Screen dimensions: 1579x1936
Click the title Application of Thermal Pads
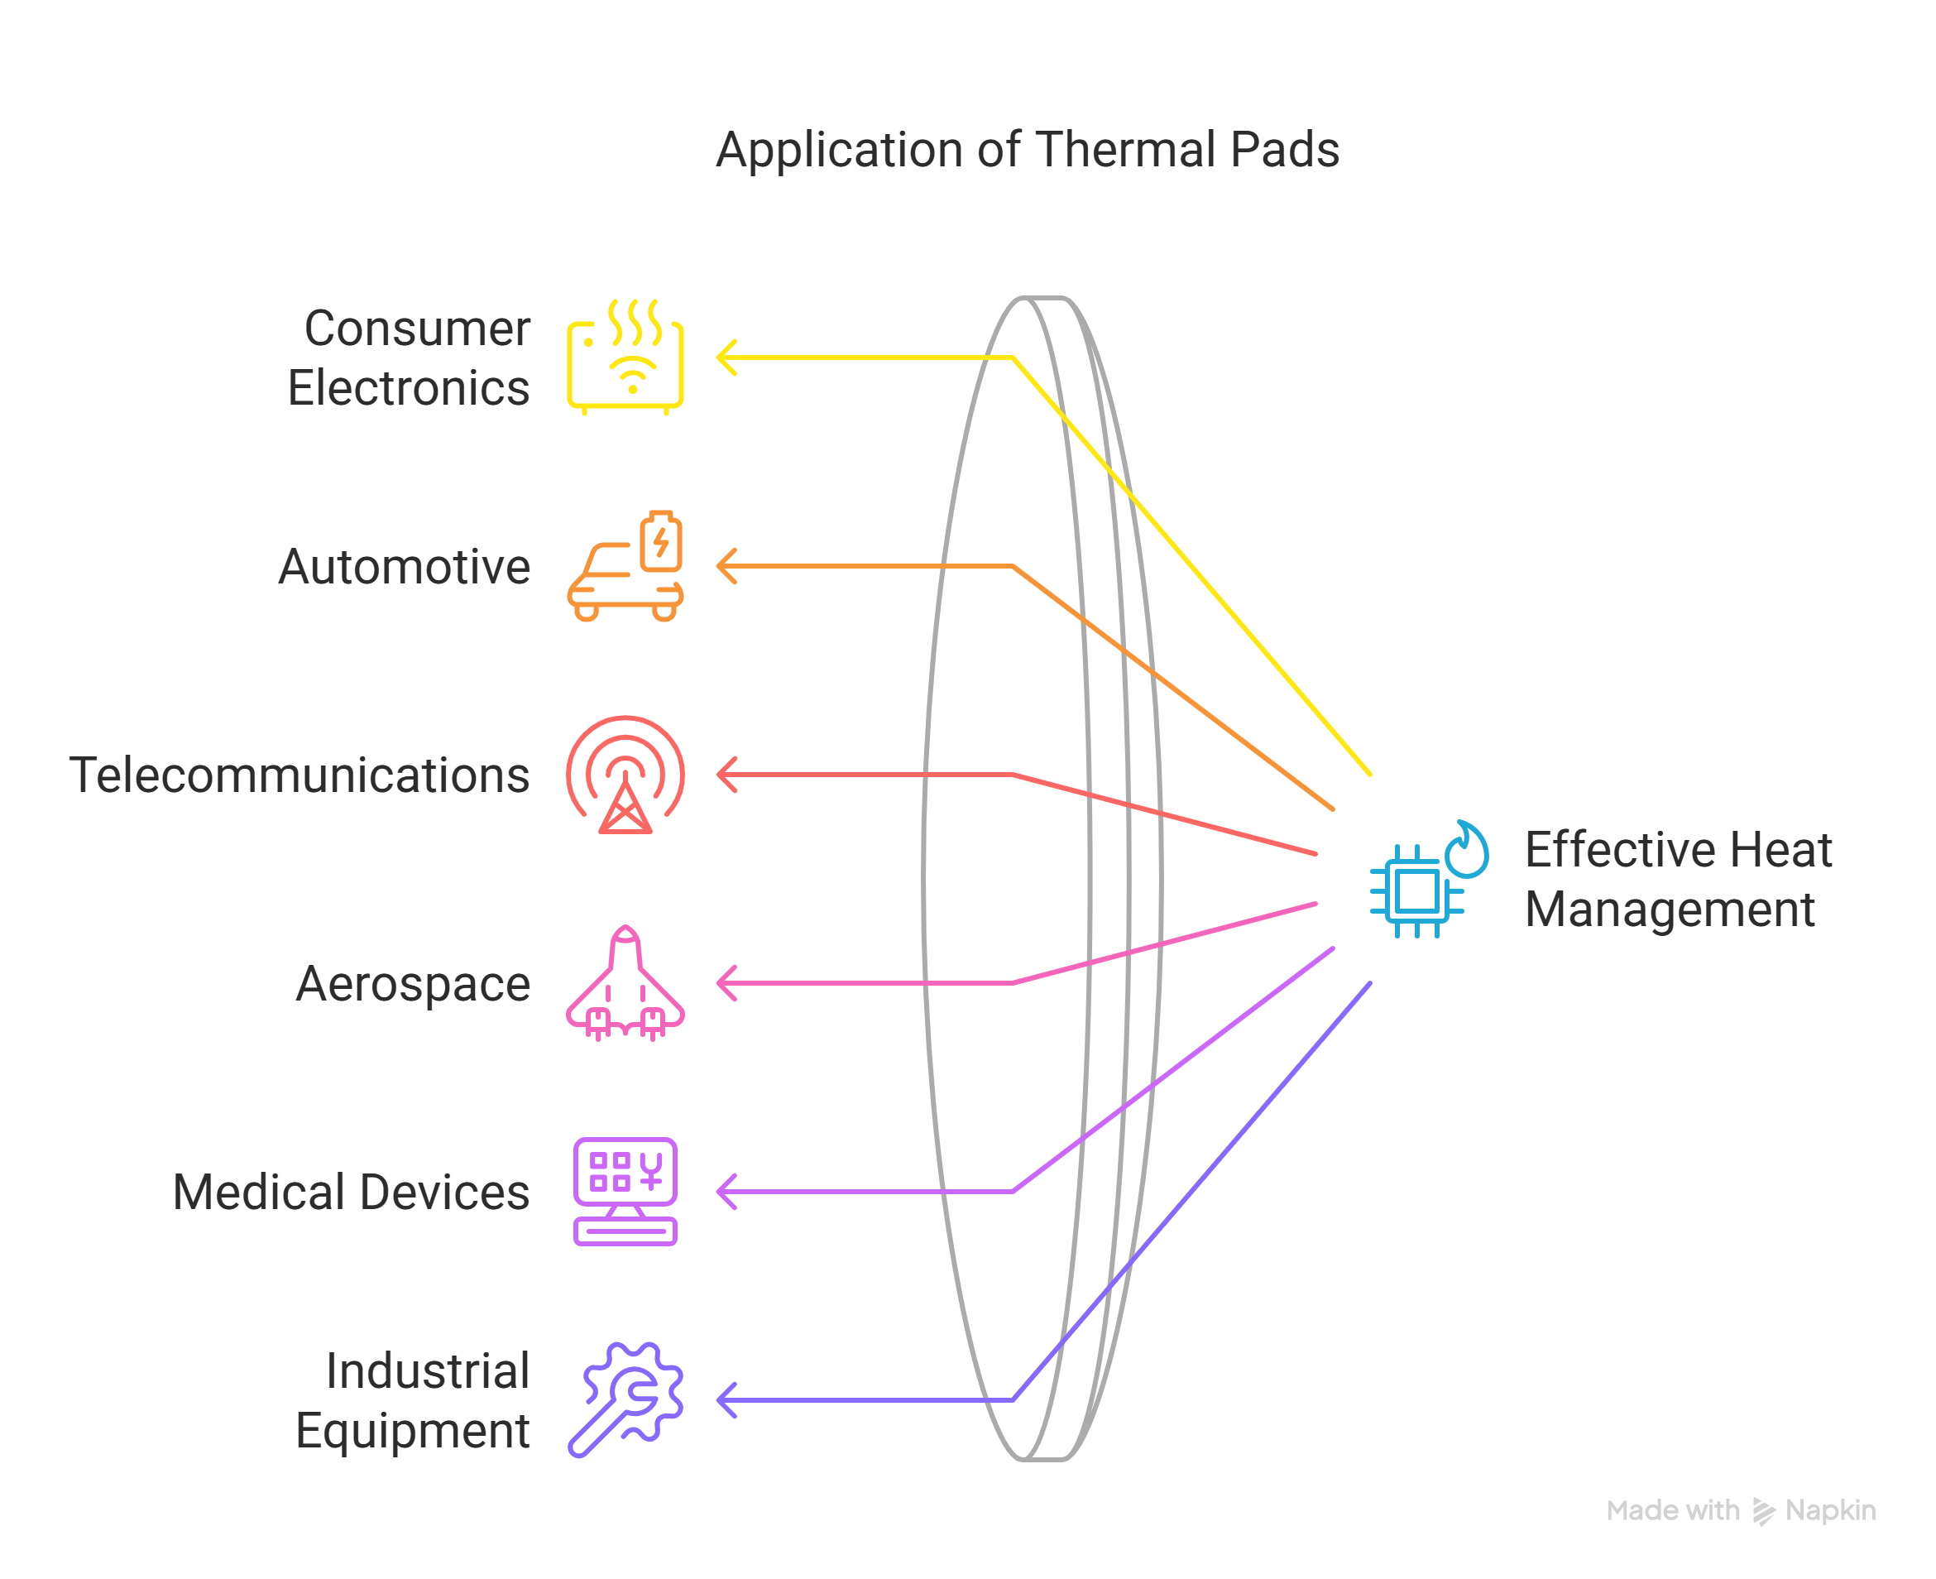tap(1027, 150)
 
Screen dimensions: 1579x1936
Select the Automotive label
tap(404, 567)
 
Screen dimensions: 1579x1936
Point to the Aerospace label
tap(413, 983)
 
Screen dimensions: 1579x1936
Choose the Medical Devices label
tap(351, 1192)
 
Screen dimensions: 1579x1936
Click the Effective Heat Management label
tap(1678, 879)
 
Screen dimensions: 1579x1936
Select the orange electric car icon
tap(625, 567)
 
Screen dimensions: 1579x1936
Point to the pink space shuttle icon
tap(625, 983)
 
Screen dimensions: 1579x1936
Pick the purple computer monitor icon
tap(625, 1192)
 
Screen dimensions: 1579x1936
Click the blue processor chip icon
tap(1416, 891)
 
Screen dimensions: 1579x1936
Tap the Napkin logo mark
tap(1763, 1511)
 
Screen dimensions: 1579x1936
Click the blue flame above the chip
tap(1468, 851)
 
